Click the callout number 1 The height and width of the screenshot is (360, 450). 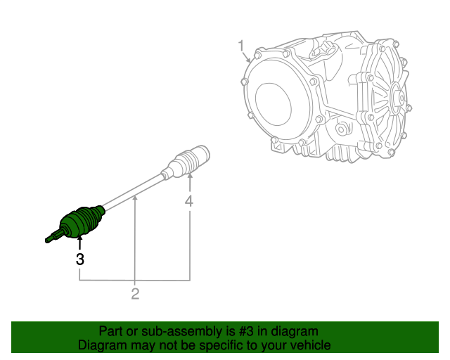pyautogui.click(x=240, y=46)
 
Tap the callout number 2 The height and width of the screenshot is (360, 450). pyautogui.click(x=135, y=294)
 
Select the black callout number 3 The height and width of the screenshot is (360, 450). pyautogui.click(x=80, y=259)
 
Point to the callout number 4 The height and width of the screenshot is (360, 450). pyautogui.click(x=189, y=202)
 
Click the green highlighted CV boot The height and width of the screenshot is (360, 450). pyautogui.click(x=79, y=221)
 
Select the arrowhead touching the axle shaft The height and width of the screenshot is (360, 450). pyautogui.click(x=136, y=199)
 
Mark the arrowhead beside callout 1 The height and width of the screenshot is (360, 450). pyautogui.click(x=249, y=62)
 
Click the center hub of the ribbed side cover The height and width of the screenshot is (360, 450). pyautogui.click(x=395, y=98)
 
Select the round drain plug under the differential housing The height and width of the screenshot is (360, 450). pyautogui.click(x=342, y=129)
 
